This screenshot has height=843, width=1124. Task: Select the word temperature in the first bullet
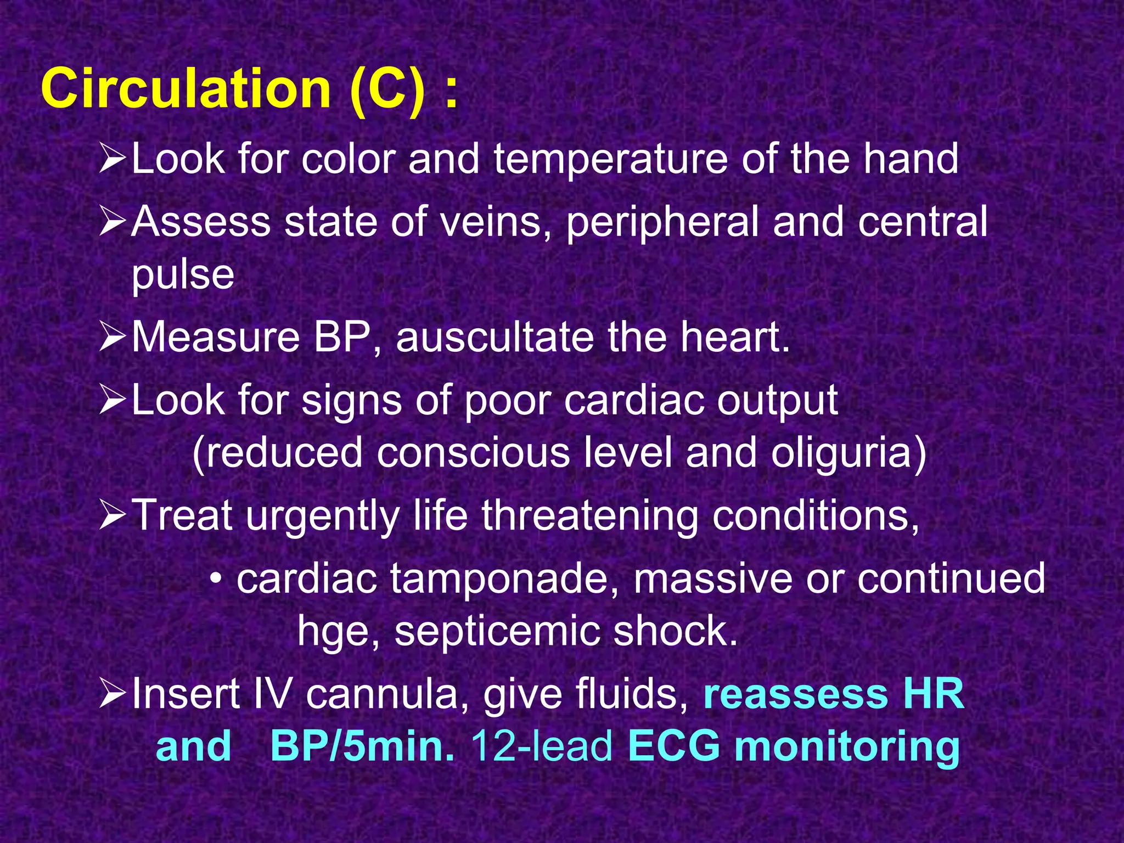coord(610,159)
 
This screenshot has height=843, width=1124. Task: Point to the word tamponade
coord(504,580)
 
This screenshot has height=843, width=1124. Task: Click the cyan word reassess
coord(795,694)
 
